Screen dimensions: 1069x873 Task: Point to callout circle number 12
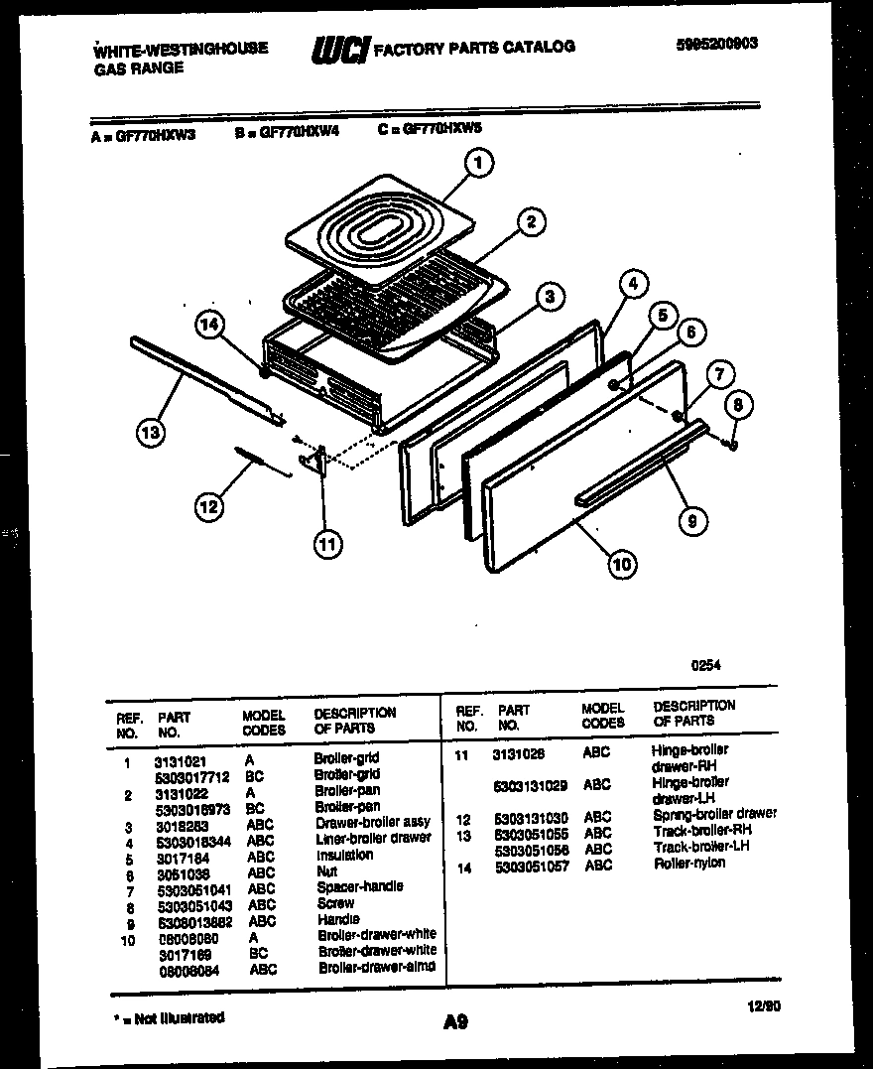tap(207, 507)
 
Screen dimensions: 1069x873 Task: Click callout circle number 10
tap(621, 565)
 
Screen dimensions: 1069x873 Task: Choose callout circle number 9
tap(692, 516)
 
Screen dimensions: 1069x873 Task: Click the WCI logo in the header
tap(340, 48)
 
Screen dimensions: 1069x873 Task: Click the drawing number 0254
tap(705, 668)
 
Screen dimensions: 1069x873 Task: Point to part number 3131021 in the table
tap(180, 761)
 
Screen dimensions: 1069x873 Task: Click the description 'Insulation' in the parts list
tap(344, 855)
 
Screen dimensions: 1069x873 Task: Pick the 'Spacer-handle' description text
tap(359, 886)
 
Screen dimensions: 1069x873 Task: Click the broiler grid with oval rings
tap(377, 228)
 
